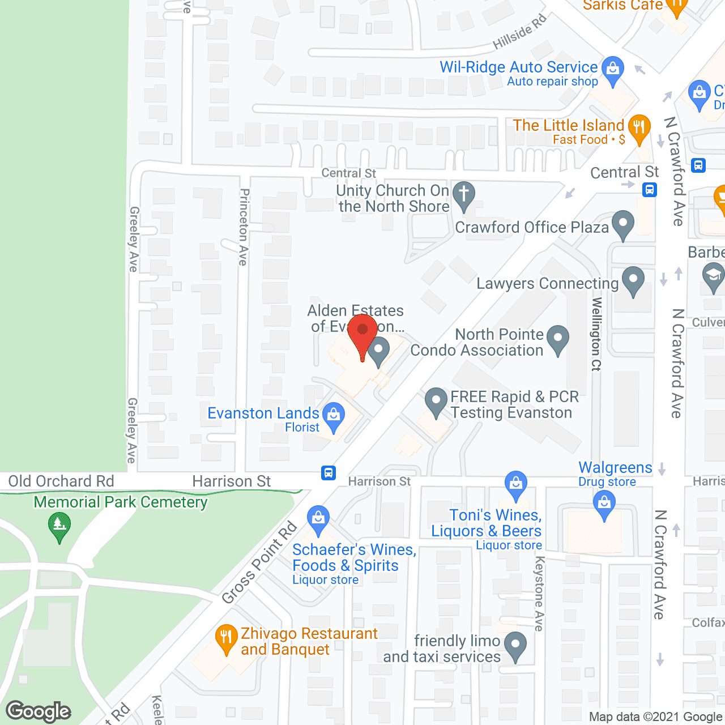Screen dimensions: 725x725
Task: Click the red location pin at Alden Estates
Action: coord(362,331)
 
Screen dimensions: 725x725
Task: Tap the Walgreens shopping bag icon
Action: coord(604,502)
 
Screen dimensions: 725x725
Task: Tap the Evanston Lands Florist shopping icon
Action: coord(334,415)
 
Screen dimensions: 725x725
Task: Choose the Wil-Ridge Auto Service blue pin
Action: coord(612,69)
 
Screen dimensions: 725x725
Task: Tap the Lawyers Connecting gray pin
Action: coord(633,279)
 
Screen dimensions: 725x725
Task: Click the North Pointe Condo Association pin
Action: coord(558,338)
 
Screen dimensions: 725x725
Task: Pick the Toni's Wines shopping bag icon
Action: coord(516,484)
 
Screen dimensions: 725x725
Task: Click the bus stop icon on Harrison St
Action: coord(329,472)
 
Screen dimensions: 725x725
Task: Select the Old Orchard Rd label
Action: coord(61,481)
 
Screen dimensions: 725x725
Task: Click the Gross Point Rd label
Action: coord(260,562)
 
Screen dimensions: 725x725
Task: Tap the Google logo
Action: coord(39,711)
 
